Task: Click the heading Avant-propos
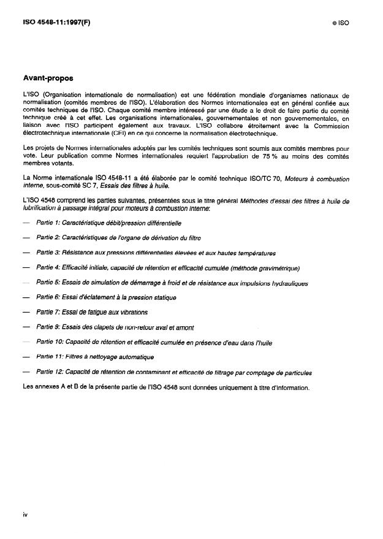[x=48, y=78]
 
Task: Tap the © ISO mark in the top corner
[x=339, y=22]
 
